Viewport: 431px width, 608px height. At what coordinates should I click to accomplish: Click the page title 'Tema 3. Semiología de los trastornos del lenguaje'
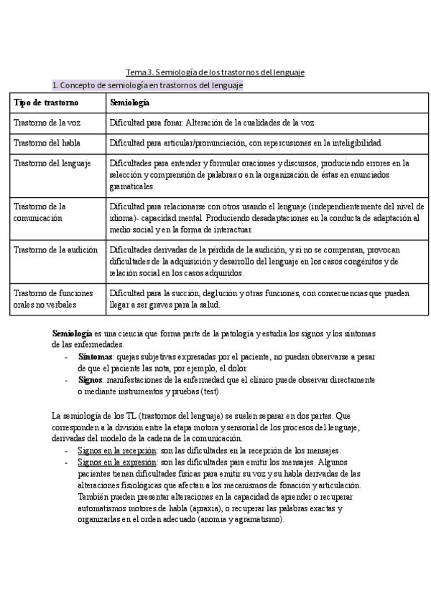click(215, 72)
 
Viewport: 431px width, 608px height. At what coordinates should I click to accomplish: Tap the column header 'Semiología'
click(129, 103)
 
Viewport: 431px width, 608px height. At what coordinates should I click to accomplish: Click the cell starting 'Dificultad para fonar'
click(212, 123)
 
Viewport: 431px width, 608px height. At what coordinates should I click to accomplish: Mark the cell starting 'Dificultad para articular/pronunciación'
click(246, 143)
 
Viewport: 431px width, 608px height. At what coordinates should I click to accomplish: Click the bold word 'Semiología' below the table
click(72, 334)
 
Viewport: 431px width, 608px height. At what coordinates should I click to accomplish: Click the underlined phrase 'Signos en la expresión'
click(117, 462)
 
